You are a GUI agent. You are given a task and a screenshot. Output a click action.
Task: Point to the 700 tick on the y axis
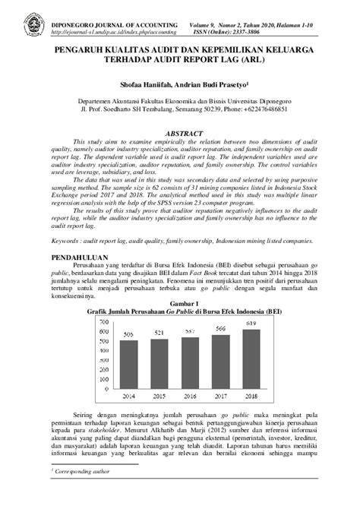click(103, 321)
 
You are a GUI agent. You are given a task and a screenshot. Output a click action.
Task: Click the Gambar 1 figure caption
click(180, 303)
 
